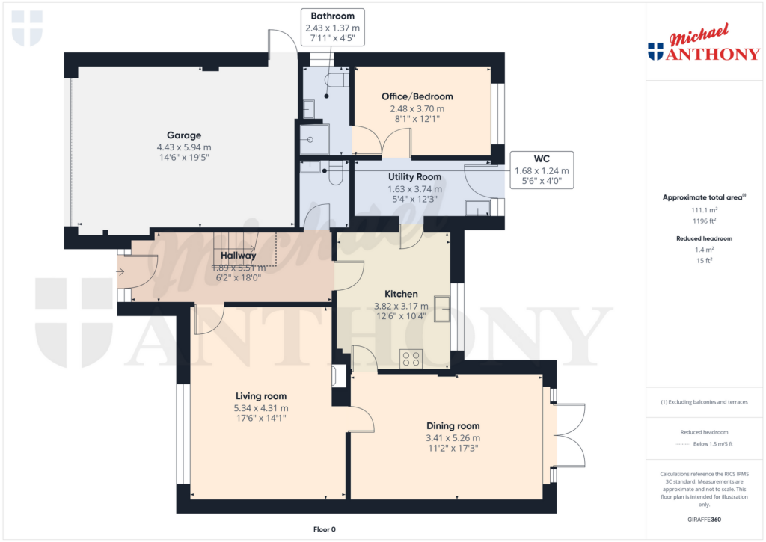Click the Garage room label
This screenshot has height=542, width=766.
click(183, 135)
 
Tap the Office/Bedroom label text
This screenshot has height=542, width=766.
click(417, 96)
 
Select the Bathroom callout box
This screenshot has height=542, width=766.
click(333, 27)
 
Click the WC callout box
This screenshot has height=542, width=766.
click(542, 169)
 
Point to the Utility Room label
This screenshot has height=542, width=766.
click(414, 177)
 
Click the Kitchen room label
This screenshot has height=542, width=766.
click(401, 294)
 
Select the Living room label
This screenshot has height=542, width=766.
click(261, 396)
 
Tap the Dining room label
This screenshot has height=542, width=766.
click(453, 425)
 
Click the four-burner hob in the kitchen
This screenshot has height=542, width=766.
click(411, 359)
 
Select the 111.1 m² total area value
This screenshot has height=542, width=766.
click(702, 211)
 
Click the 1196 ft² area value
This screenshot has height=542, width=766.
click(702, 221)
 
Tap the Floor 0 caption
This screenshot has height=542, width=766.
click(324, 529)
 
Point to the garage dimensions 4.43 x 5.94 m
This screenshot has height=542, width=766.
click(183, 147)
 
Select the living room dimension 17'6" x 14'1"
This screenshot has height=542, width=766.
click(261, 419)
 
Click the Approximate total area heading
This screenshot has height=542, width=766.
click(702, 197)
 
